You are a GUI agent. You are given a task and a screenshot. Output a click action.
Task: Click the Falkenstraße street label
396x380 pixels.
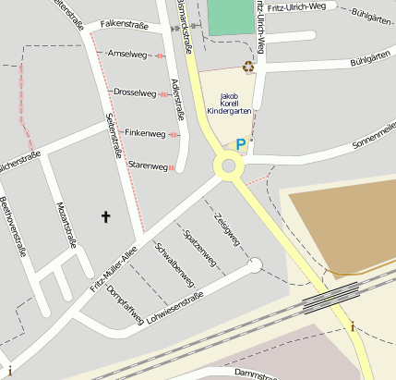125,25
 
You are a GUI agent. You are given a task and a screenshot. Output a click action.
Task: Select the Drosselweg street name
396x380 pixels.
134,92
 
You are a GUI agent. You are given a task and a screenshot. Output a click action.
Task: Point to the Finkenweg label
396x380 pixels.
145,134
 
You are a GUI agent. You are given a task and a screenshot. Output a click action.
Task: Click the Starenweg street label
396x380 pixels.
148,166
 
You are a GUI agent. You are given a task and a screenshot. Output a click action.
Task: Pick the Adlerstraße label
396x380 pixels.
176,101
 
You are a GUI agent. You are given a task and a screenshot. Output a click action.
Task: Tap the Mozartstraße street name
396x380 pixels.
66,227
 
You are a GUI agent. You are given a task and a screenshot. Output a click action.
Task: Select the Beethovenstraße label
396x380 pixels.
14,227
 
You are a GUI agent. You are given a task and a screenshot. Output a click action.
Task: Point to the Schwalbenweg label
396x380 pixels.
174,265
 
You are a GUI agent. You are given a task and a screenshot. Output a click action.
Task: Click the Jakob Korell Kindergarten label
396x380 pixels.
222,104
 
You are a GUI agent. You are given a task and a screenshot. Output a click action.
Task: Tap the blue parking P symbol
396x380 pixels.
241,144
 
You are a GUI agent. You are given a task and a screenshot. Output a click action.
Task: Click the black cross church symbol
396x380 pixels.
105,217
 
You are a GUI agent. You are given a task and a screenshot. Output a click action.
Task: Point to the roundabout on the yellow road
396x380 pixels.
227,167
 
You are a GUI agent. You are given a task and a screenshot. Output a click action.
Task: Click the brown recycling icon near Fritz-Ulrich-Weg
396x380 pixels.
247,66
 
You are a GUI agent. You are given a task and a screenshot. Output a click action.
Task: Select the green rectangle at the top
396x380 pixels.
230,18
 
